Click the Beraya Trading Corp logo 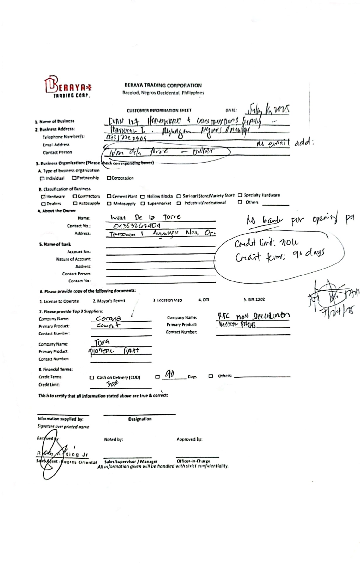click(68, 87)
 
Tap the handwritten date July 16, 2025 click(268, 109)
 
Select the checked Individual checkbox click(42, 179)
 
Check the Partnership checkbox click(74, 178)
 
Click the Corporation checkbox click(109, 178)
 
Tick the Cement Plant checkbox click(109, 196)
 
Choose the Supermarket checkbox click(143, 204)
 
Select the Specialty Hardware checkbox click(240, 195)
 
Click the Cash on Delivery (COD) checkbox click(92, 377)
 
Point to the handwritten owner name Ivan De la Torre click(145, 217)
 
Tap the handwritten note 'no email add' click(285, 143)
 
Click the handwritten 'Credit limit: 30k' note click(266, 243)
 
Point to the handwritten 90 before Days click(170, 375)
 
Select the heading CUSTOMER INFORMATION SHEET click(159, 110)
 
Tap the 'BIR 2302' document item click(254, 299)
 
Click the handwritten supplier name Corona click(108, 318)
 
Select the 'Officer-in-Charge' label click(193, 461)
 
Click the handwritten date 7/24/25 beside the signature click(338, 311)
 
